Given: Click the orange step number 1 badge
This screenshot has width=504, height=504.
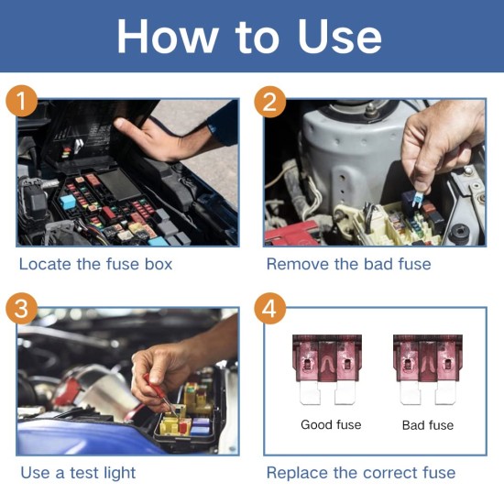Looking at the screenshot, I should (x=22, y=101).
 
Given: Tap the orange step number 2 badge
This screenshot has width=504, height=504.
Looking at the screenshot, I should (x=268, y=101).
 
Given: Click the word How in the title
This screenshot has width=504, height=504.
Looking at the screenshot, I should (x=166, y=37).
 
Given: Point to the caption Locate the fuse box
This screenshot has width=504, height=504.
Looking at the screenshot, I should (x=95, y=264).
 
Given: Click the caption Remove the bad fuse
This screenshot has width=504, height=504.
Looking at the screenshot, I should (x=348, y=264).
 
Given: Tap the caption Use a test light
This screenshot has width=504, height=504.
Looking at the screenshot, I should (x=78, y=473).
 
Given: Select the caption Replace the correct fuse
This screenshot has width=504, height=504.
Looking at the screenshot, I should (x=360, y=473).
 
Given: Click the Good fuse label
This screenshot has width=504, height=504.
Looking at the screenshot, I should (x=331, y=425).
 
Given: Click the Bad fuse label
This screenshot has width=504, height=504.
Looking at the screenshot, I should (x=428, y=425).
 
